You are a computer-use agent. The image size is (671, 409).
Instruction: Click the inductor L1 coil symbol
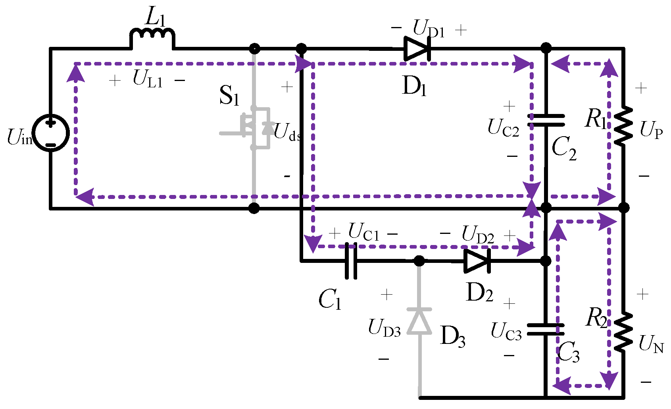point(152,37)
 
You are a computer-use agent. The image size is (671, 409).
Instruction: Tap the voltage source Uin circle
point(51,133)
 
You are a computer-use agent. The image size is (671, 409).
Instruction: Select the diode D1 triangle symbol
point(417,48)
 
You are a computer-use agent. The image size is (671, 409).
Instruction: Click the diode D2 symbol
point(477,261)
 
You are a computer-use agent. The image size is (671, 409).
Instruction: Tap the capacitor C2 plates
point(546,120)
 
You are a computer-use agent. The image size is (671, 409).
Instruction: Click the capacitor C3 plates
point(546,329)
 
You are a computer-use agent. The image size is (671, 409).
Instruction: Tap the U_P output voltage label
point(651,131)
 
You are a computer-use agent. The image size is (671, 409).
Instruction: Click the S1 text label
point(229,96)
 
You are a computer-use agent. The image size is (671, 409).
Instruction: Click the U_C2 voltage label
point(503,129)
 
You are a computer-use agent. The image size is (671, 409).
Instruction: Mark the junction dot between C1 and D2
point(419,261)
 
